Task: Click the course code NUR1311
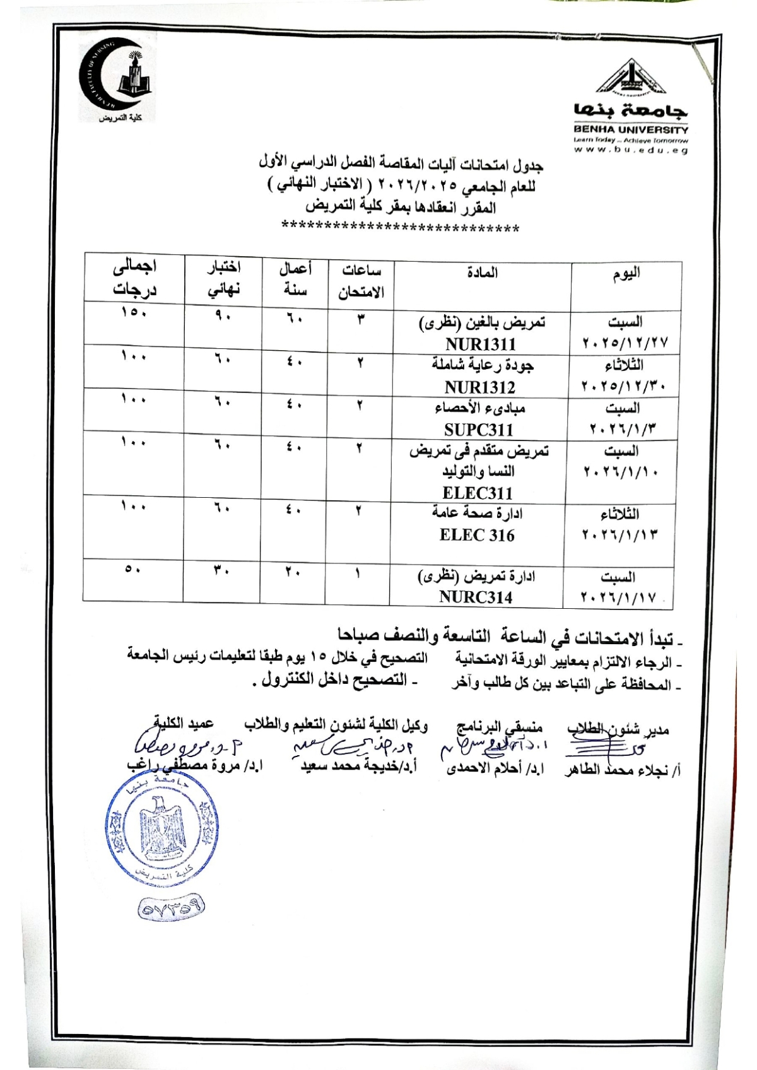click(480, 344)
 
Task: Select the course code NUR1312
click(479, 387)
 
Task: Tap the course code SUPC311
click(479, 430)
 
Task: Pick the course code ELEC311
click(478, 493)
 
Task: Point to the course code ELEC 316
click(477, 535)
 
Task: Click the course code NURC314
click(476, 597)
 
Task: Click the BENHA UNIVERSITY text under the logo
click(631, 129)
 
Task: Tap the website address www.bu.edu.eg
click(631, 150)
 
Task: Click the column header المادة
click(483, 273)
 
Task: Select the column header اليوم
click(626, 273)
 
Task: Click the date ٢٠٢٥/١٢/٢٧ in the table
click(625, 344)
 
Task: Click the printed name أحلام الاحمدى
click(495, 769)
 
